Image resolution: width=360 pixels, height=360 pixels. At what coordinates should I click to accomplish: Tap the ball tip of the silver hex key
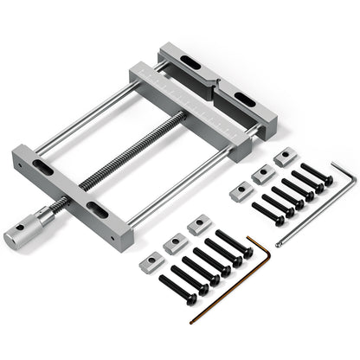click(x=278, y=245)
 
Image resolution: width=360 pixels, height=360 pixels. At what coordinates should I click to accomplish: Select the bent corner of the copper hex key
click(x=248, y=240)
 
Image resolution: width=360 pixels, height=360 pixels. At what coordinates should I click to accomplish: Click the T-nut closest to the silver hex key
click(x=284, y=157)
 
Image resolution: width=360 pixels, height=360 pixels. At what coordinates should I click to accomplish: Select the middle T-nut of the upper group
click(x=261, y=175)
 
